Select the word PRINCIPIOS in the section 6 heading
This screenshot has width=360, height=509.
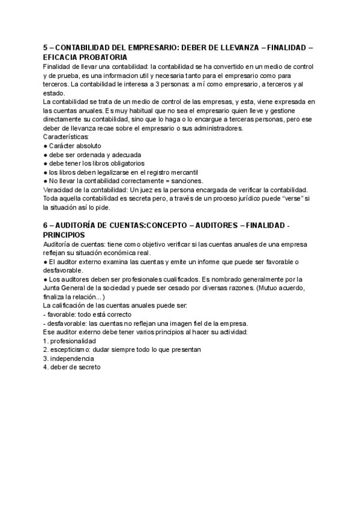[65, 235]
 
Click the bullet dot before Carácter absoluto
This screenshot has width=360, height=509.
[46, 146]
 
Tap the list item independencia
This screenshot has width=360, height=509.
[73, 358]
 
